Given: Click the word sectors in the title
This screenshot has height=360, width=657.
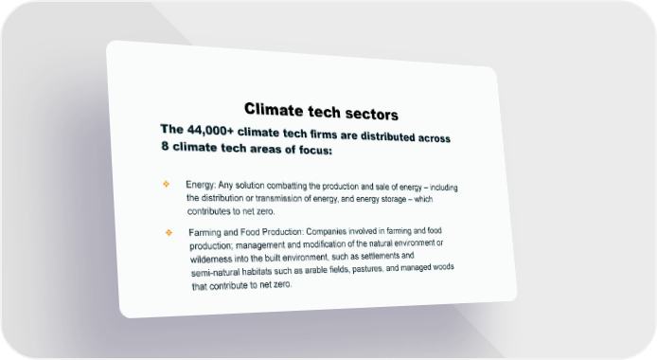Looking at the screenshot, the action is [372, 114].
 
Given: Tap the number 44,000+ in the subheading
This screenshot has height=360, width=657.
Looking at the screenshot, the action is [210, 131].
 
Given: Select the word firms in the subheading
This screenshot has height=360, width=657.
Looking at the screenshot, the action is [324, 135].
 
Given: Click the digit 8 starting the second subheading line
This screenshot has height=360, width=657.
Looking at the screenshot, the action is [165, 146].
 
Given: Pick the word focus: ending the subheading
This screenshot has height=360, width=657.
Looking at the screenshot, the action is [315, 150].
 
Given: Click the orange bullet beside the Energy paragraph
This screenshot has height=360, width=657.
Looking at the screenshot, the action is [166, 184].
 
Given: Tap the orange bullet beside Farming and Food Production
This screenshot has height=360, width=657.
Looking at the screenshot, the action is [169, 232].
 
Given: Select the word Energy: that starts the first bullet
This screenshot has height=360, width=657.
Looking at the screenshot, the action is [201, 185].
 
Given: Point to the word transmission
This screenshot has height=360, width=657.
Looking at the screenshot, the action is [278, 198].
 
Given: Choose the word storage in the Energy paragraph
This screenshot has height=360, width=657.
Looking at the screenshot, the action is [394, 199].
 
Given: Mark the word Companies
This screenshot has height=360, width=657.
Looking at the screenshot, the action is [327, 231].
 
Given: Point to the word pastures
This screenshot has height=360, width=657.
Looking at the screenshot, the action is [368, 268].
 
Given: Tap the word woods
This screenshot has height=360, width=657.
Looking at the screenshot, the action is [443, 266].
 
